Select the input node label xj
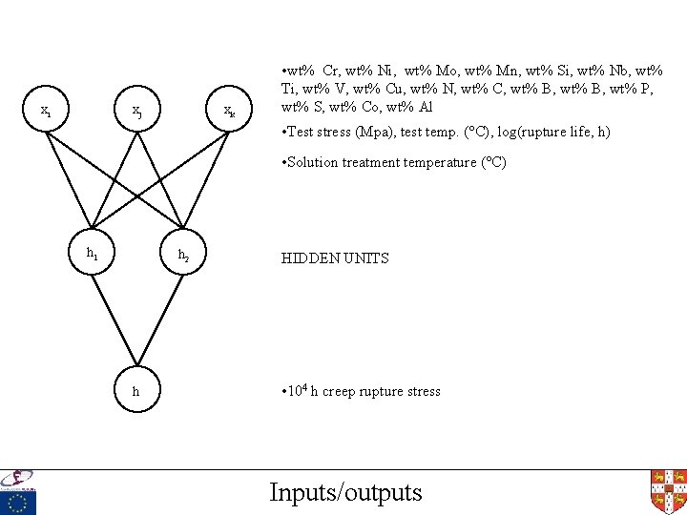(x=138, y=113)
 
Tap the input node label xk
(x=230, y=113)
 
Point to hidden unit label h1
(x=92, y=254)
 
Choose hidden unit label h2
(x=183, y=255)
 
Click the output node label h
(x=135, y=391)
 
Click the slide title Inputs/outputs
(x=345, y=492)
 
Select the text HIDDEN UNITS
(x=334, y=257)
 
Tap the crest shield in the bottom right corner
(x=668, y=490)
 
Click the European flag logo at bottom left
(x=18, y=502)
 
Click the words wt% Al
(x=412, y=107)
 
